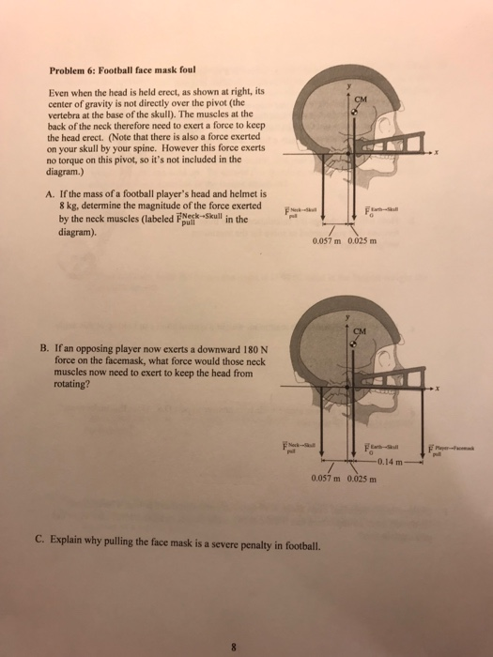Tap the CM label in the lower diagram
point(361,329)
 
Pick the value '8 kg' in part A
point(70,205)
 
